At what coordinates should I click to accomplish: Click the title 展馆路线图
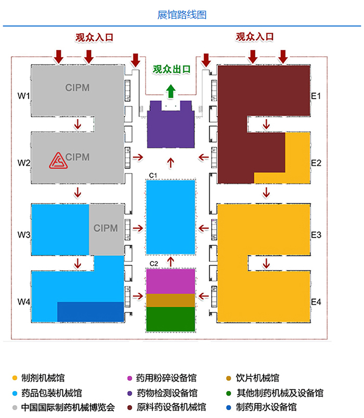click(x=182, y=15)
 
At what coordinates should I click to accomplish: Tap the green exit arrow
click(x=171, y=91)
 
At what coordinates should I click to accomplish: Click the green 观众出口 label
click(x=172, y=69)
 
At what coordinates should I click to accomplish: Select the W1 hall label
click(x=24, y=96)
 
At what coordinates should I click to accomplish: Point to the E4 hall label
click(x=316, y=302)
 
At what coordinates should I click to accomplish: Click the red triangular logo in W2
click(x=58, y=161)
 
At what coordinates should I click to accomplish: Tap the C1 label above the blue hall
click(x=153, y=175)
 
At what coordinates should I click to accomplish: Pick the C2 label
click(x=153, y=264)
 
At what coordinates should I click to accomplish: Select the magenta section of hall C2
click(x=171, y=281)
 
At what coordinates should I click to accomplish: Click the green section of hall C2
click(x=171, y=319)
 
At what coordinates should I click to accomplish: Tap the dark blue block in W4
click(x=90, y=311)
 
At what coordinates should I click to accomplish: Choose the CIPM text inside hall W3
click(x=106, y=228)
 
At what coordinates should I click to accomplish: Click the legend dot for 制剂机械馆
click(x=15, y=378)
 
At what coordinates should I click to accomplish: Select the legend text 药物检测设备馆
click(x=167, y=393)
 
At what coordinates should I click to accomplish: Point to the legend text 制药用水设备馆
click(x=266, y=407)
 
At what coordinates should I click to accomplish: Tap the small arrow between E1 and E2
click(x=266, y=124)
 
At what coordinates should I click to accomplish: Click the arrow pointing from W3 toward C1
click(x=138, y=228)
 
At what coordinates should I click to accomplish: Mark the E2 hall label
click(x=316, y=163)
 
